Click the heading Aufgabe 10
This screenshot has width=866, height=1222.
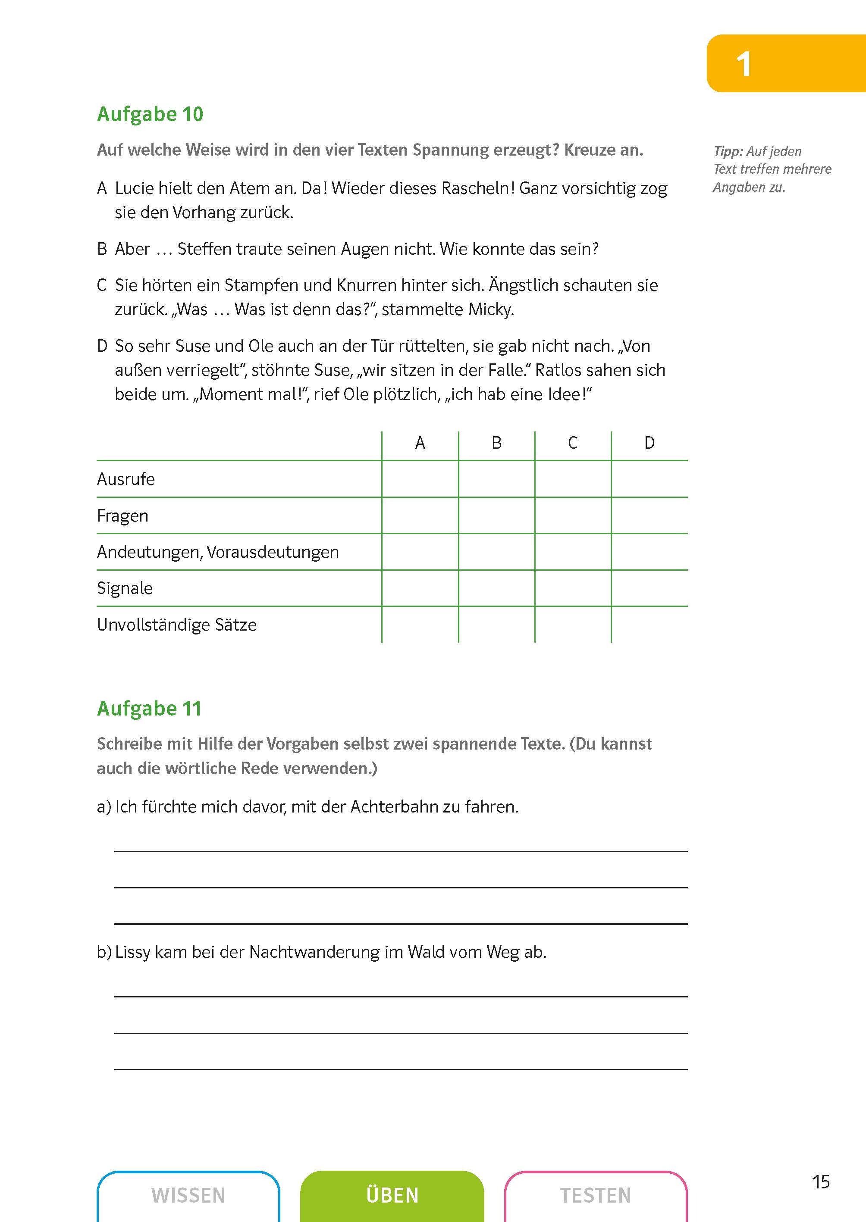point(150,114)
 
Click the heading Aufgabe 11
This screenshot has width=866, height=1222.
point(149,708)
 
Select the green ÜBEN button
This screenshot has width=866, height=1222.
point(392,1195)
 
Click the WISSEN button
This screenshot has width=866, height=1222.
point(188,1195)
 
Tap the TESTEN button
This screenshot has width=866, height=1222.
point(595,1195)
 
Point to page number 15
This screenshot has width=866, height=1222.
point(821,1181)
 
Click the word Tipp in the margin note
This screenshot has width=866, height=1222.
point(728,151)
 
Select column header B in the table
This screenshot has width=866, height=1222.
point(496,443)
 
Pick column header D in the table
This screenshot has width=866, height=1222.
point(649,443)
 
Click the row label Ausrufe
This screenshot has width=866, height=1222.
point(126,479)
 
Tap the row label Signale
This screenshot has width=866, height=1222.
point(125,588)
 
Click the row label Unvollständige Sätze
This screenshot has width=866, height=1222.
point(176,625)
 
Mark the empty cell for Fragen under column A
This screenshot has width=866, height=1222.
point(420,516)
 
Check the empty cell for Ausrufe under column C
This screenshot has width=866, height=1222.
point(573,479)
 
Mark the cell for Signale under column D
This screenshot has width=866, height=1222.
point(649,588)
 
